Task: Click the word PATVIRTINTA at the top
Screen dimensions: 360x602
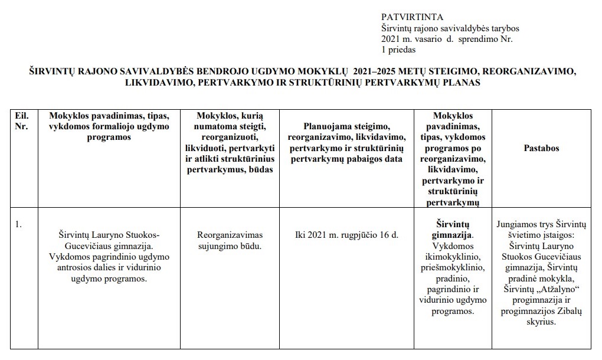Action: coord(413,17)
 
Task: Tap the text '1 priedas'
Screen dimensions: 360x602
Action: coord(398,50)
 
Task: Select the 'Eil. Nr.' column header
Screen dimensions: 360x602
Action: coord(21,121)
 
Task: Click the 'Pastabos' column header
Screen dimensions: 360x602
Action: coord(541,148)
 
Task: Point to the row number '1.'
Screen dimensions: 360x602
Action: coord(18,224)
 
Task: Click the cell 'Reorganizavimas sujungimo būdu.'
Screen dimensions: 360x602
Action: coord(230,240)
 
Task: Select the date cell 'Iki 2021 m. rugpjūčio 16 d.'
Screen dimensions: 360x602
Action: coord(346,234)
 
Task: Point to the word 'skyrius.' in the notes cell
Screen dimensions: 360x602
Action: coord(541,322)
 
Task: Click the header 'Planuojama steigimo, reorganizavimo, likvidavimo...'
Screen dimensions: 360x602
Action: coord(346,142)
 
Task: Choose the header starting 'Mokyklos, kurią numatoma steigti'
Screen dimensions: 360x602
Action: coord(230,142)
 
